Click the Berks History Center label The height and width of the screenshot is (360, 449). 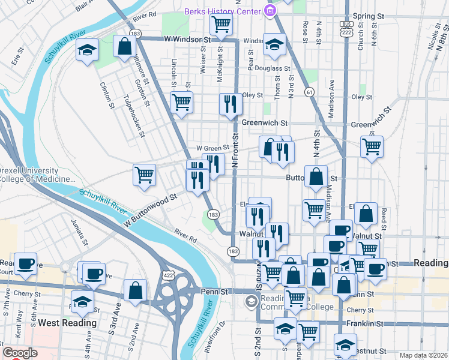click(x=222, y=11)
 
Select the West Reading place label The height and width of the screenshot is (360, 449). click(x=67, y=323)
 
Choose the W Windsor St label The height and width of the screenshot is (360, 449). click(x=188, y=40)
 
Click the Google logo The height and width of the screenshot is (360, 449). click(x=20, y=353)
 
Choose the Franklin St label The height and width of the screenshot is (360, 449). click(x=366, y=323)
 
